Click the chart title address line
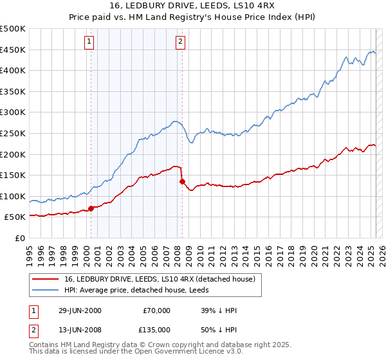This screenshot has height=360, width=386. [192, 6]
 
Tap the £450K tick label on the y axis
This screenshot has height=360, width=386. [14, 50]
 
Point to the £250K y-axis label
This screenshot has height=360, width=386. [14, 134]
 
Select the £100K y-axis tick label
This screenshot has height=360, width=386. [14, 196]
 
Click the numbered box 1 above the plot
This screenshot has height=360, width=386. [89, 42]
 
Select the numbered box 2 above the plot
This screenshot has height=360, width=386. [179, 42]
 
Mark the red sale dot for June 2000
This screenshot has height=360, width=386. [91, 208]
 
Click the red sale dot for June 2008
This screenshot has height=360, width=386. [182, 181]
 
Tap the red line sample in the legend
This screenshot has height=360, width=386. [46, 278]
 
